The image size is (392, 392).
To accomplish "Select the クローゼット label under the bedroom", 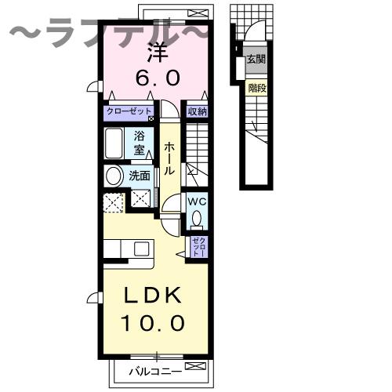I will [x=131, y=112].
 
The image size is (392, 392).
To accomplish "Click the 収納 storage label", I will [x=197, y=112].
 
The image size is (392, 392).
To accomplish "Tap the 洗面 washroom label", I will [x=140, y=176].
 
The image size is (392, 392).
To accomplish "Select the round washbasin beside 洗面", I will [x=114, y=176].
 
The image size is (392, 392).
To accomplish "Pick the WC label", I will [x=196, y=200].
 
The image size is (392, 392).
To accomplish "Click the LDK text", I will [x=154, y=296].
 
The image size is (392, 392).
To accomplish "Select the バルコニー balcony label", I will [x=155, y=368].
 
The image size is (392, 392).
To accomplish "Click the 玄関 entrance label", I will [x=255, y=59].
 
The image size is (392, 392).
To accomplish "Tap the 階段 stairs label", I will [x=255, y=89].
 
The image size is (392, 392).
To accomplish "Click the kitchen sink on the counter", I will [x=141, y=249].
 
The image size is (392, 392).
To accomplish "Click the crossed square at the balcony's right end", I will [x=201, y=366].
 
